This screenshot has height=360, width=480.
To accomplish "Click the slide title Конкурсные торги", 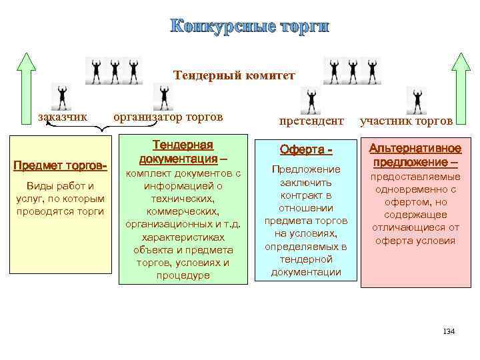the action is (249, 27).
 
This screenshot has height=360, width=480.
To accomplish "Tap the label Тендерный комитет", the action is (234, 75).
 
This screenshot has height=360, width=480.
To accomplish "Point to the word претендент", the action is (311, 121).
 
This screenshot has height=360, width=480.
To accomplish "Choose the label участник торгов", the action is (406, 121).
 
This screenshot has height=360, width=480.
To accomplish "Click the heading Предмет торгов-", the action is (61, 165).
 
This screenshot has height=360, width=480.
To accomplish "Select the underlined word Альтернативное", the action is (406, 147).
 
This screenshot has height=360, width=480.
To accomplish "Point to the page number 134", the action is (448, 331).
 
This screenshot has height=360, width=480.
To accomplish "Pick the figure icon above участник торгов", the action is (417, 100).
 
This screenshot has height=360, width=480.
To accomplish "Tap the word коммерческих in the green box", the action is (183, 211).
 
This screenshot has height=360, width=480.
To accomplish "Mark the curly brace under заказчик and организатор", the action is (100, 131).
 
